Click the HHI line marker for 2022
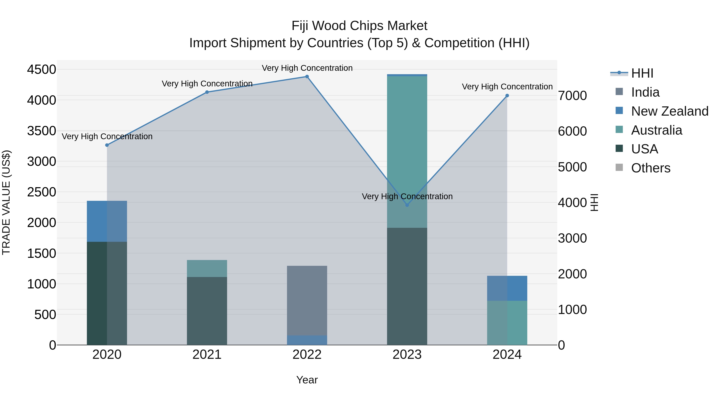[307, 77]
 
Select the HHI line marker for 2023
[407, 205]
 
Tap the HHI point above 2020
[107, 145]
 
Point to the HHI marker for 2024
[507, 96]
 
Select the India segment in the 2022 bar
[307, 300]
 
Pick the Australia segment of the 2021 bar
[207, 268]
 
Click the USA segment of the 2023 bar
[407, 286]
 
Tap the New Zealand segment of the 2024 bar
[507, 288]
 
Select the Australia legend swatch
[619, 130]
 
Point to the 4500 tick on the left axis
[41, 69]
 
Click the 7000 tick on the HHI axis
[572, 96]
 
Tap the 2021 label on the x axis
[207, 354]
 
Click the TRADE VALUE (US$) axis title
[6, 202]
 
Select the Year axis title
[307, 380]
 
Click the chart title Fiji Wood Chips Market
[359, 26]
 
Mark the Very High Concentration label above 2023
[407, 196]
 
